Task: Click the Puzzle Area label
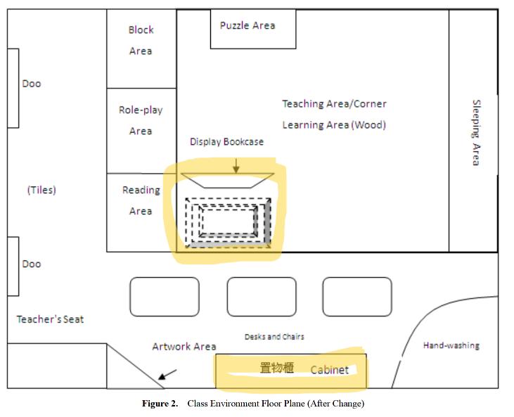tap(248, 26)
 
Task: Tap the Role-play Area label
tap(141, 120)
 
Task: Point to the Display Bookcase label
tap(226, 142)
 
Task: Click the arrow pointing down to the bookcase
tap(236, 165)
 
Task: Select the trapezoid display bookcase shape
tap(227, 181)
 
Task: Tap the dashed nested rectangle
tap(227, 222)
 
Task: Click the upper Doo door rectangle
tap(13, 88)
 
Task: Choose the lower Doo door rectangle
tap(13, 266)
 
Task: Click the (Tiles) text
tap(41, 190)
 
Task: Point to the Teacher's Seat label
tap(50, 319)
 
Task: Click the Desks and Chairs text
tap(274, 337)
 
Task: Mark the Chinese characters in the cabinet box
tap(276, 368)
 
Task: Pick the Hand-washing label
tap(451, 345)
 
